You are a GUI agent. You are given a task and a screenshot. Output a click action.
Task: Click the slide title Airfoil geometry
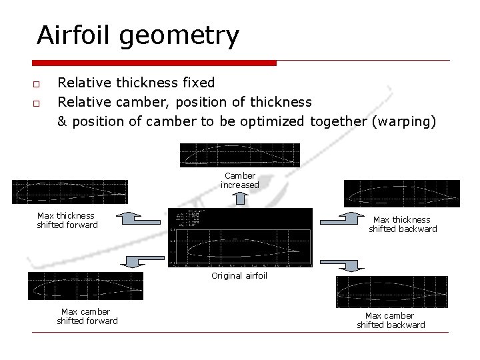click(137, 35)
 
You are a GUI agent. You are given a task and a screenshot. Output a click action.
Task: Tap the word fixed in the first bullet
click(199, 83)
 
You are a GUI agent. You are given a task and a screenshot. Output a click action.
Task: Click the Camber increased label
click(240, 181)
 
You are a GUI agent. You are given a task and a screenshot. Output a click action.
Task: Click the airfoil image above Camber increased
click(240, 155)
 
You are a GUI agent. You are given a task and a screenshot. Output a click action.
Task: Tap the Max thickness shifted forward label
click(67, 220)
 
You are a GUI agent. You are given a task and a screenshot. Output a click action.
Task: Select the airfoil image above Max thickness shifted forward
click(69, 192)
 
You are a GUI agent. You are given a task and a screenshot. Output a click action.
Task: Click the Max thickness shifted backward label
click(403, 224)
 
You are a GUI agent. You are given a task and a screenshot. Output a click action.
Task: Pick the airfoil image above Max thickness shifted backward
click(401, 193)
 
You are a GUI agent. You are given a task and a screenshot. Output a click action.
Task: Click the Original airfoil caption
click(239, 275)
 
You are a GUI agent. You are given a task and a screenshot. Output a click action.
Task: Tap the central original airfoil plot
click(240, 238)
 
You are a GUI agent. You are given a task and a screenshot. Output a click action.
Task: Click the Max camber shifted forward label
click(87, 316)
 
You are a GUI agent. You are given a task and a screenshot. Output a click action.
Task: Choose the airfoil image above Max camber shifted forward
click(85, 286)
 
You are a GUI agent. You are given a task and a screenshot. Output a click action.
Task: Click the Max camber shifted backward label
click(391, 320)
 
